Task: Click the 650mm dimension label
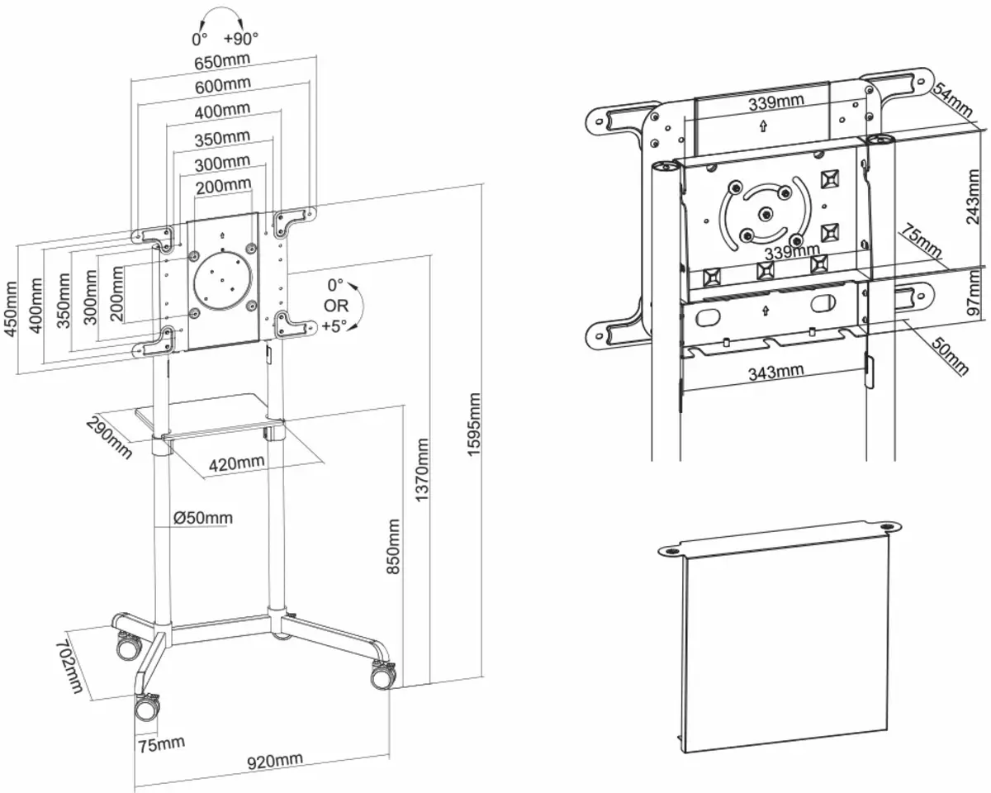pyautogui.click(x=222, y=62)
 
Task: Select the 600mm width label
pyautogui.click(x=222, y=85)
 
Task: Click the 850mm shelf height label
pyautogui.click(x=394, y=546)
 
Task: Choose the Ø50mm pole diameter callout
pyautogui.click(x=203, y=518)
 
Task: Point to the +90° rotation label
pyautogui.click(x=240, y=38)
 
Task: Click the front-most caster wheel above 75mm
pyautogui.click(x=149, y=708)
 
